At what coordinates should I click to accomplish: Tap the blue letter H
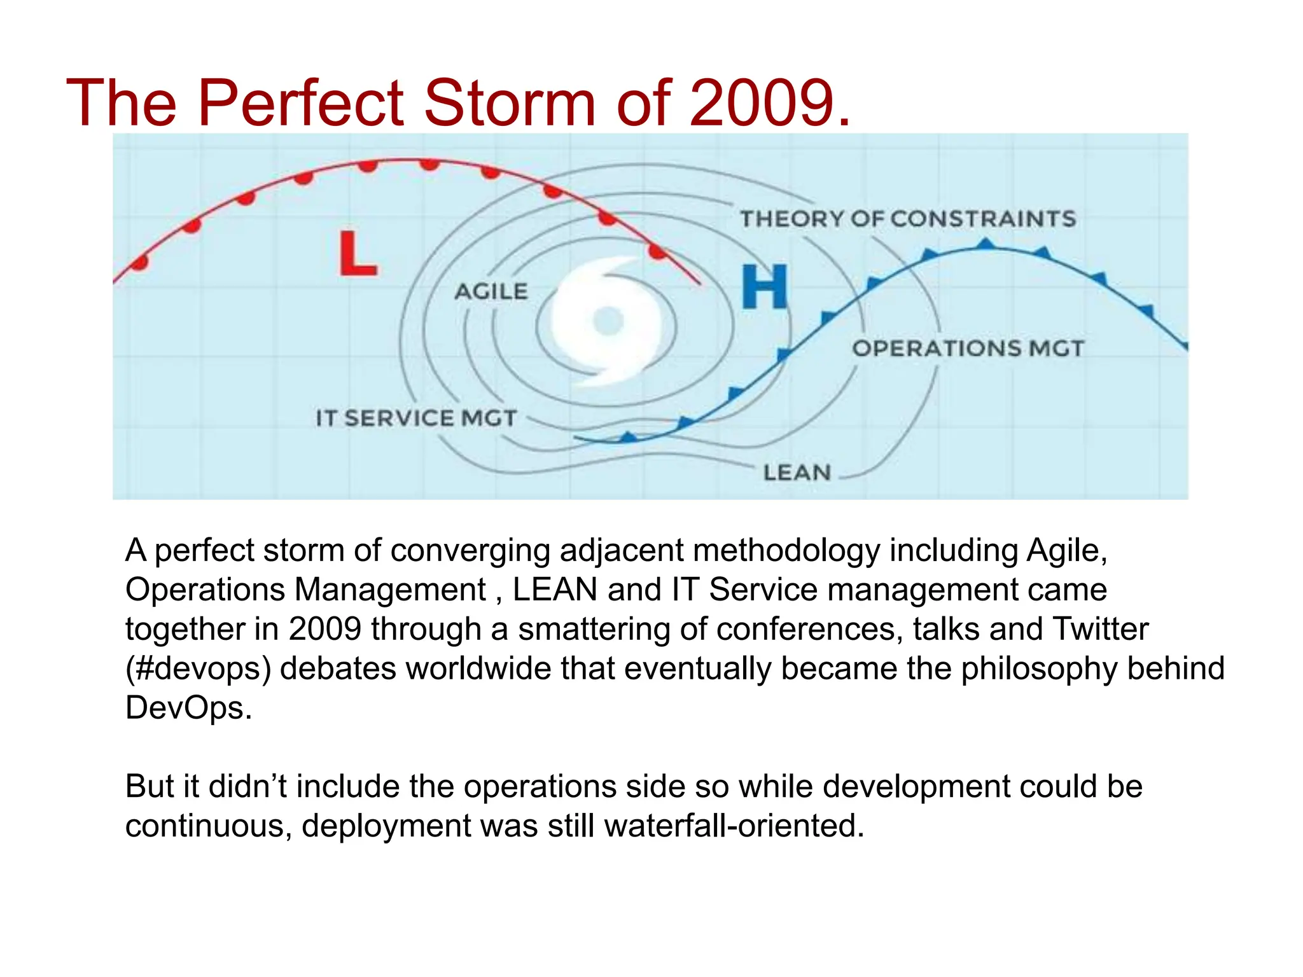pos(765,287)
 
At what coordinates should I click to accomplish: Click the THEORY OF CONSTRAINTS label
pos(907,219)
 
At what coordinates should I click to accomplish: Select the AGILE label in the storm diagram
pos(491,291)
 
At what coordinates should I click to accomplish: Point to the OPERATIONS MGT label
pos(967,349)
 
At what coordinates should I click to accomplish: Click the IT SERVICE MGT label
pos(416,418)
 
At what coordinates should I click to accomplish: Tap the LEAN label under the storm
pos(797,473)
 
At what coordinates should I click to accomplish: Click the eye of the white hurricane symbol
pos(608,321)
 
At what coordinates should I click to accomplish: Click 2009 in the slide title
pos(762,103)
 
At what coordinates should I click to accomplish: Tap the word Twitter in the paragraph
pos(1101,629)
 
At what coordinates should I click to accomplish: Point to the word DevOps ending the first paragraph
pos(188,708)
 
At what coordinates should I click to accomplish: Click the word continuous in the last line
pos(208,826)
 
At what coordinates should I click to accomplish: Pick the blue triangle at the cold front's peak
pos(986,243)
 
